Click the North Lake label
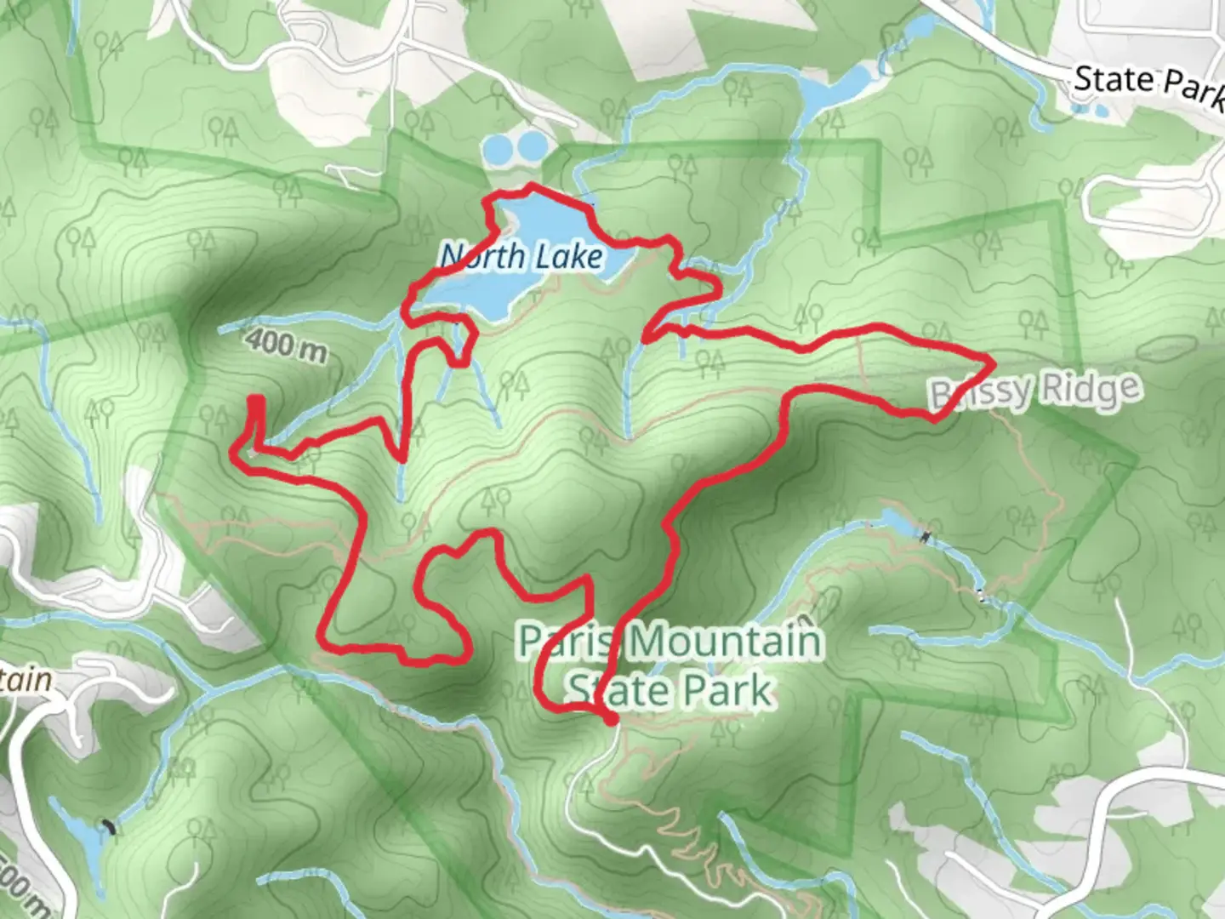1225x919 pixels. pyautogui.click(x=522, y=256)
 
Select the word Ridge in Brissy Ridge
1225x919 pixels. pyautogui.click(x=1090, y=389)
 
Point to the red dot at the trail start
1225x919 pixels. pyautogui.click(x=610, y=720)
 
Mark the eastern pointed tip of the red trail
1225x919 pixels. pyautogui.click(x=993, y=363)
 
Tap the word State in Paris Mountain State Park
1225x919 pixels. pyautogui.click(x=610, y=690)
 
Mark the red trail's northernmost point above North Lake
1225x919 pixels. pyautogui.click(x=533, y=185)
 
